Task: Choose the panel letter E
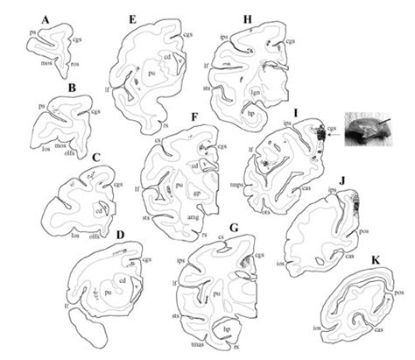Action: click(x=131, y=18)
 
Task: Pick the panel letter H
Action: click(x=249, y=18)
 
